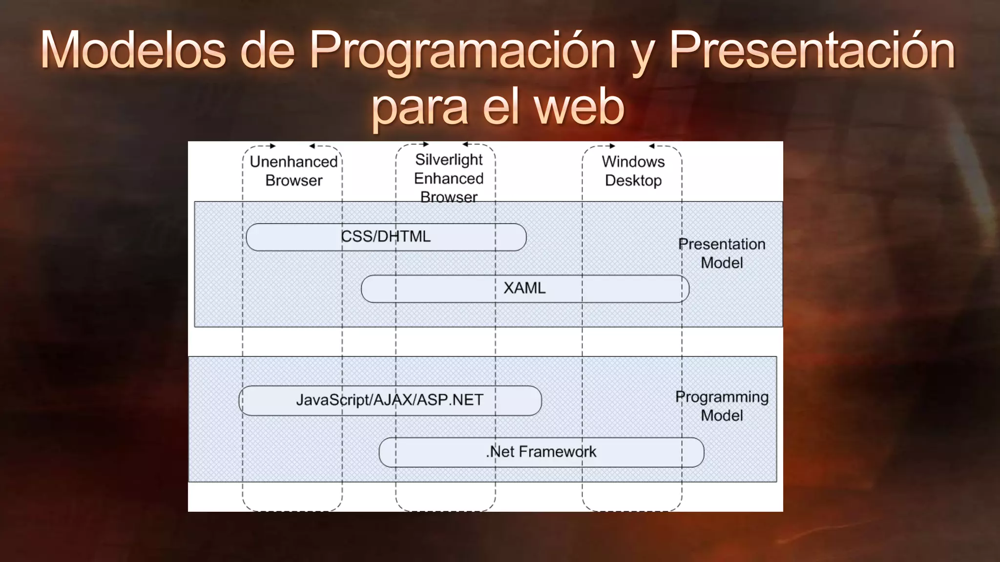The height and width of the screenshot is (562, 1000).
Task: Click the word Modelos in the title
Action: (x=133, y=50)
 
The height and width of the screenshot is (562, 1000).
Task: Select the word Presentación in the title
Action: (x=812, y=50)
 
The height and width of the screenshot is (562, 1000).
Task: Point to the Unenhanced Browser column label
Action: (x=293, y=171)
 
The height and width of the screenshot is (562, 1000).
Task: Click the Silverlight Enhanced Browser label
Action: (x=449, y=178)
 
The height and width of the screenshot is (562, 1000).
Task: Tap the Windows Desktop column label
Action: (x=633, y=171)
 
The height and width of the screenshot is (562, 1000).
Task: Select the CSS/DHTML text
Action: (x=386, y=237)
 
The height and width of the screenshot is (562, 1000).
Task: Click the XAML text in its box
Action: (x=524, y=288)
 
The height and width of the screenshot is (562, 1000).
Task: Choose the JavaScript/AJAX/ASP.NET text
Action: (x=389, y=400)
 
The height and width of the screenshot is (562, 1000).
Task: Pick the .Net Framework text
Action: (x=541, y=452)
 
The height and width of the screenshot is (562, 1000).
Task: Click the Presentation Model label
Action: (x=722, y=253)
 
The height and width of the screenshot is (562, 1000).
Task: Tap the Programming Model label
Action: (x=722, y=406)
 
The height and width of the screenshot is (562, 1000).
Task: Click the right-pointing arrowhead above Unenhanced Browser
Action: (x=273, y=146)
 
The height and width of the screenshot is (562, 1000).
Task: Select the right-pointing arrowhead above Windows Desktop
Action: (x=612, y=146)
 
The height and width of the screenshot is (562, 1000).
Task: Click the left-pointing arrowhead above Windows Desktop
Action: (x=651, y=146)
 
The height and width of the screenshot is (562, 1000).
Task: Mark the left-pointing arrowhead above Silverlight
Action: (x=465, y=144)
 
